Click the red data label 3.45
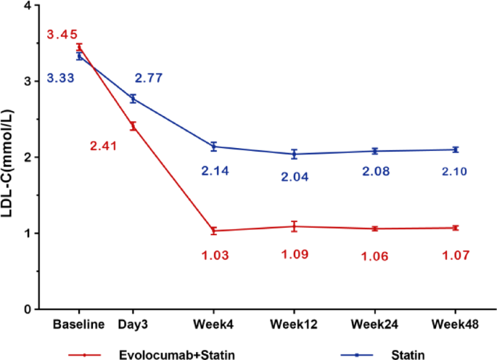click(x=62, y=34)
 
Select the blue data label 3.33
click(x=62, y=78)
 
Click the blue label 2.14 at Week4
click(x=214, y=171)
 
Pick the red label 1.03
click(x=214, y=255)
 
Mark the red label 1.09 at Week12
click(x=294, y=255)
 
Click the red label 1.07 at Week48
click(x=455, y=255)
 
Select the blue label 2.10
click(x=455, y=171)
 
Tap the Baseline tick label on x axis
click(x=78, y=324)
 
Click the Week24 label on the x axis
click(x=374, y=324)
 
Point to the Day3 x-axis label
click(x=133, y=324)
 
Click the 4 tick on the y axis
click(x=27, y=6)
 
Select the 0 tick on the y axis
click(x=27, y=309)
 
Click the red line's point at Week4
click(x=214, y=231)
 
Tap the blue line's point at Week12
click(x=294, y=154)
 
